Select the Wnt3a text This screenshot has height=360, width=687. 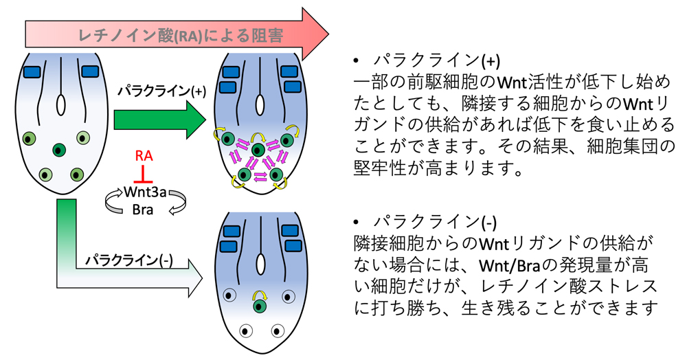coord(144,191)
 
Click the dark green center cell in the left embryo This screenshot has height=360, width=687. coord(60,149)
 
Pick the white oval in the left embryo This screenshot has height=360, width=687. coord(60,104)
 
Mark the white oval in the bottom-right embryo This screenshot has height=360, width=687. coord(260,264)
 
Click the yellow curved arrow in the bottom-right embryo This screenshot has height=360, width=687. coord(260,293)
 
